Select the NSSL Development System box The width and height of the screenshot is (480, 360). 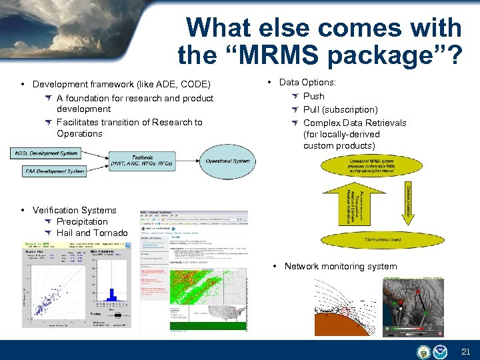44,153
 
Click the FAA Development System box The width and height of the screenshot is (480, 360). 55,171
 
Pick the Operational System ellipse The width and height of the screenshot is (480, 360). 227,161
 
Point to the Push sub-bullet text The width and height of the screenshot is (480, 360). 313,97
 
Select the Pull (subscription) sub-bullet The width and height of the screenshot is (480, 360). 340,109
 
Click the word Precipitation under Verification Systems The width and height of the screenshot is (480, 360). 82,221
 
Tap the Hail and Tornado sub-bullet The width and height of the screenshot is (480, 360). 92,233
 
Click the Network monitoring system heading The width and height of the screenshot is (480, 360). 340,266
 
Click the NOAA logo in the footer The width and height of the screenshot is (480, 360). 441,351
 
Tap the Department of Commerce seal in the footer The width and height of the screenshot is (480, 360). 423,351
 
